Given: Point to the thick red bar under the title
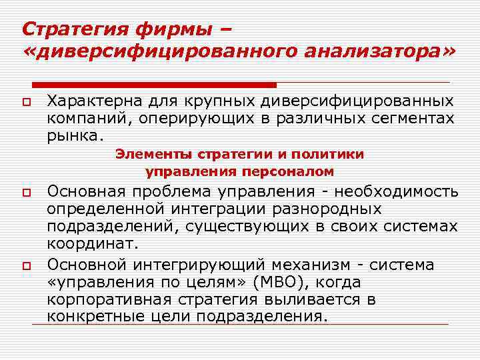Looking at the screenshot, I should click(x=154, y=85).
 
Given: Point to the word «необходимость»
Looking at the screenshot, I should click(x=396, y=192).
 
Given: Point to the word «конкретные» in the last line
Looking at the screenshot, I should click(x=96, y=317).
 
